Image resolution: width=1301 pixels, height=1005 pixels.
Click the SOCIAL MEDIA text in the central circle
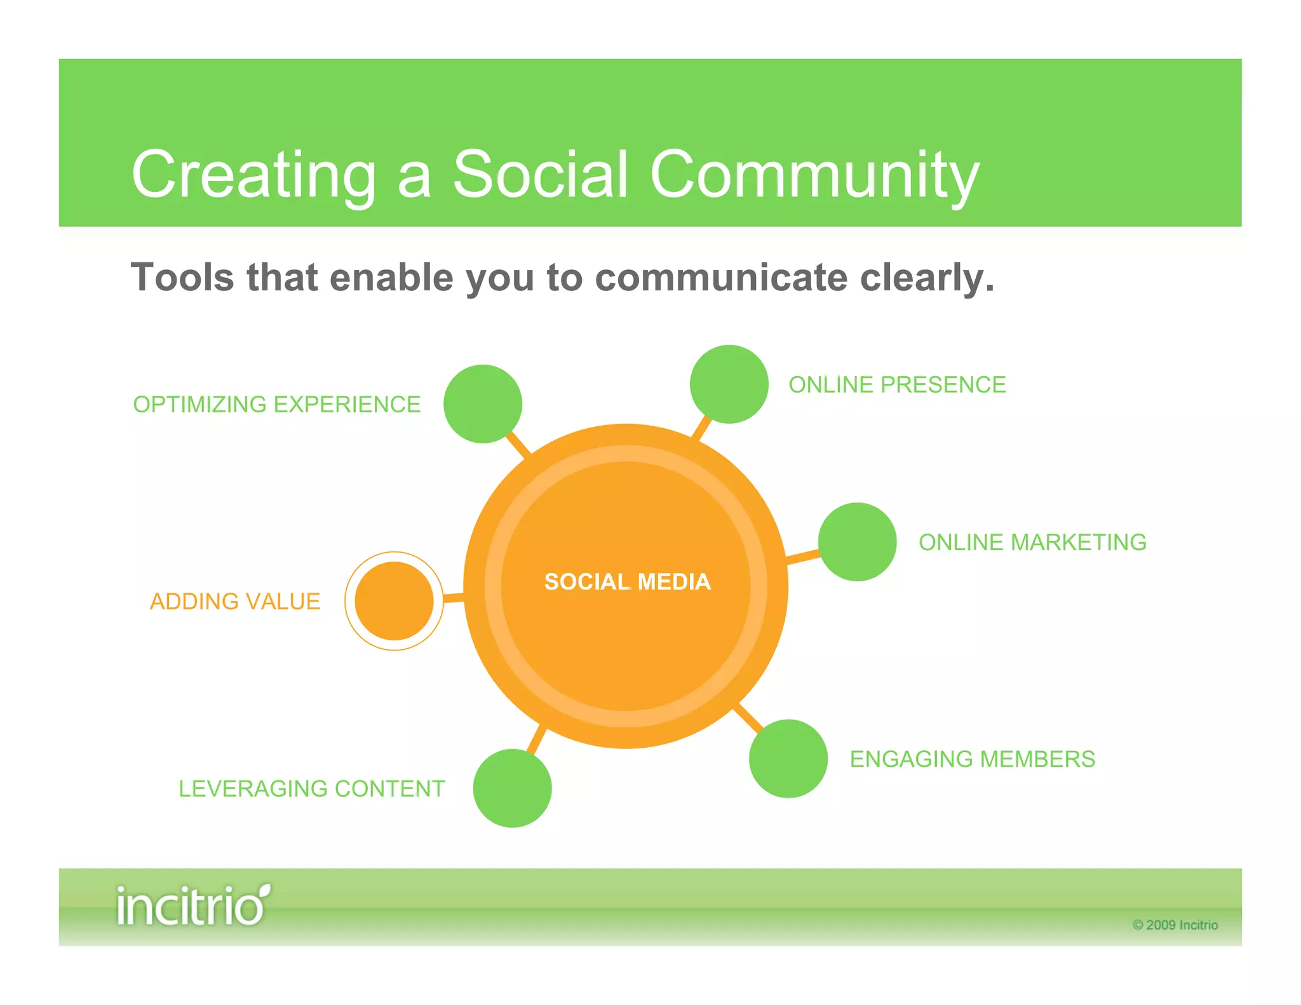627,581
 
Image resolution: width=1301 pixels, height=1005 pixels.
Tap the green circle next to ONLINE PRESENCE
729,384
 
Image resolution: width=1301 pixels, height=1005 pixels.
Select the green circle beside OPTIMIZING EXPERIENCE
483,403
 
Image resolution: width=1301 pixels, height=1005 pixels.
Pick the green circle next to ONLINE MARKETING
857,541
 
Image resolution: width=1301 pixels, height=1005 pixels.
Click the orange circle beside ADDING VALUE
394,600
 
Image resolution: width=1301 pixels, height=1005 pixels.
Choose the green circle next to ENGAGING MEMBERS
788,758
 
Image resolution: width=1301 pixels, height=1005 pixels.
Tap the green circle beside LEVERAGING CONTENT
512,788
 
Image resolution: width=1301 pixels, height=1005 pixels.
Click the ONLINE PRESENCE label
897,384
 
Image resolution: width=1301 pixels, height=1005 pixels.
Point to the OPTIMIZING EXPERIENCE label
277,404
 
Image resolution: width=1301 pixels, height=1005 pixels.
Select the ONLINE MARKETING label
1032,542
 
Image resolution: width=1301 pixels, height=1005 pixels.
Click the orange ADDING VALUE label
235,601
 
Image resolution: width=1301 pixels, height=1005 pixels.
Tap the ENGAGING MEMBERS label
973,759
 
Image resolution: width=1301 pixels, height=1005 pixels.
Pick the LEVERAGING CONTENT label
311,788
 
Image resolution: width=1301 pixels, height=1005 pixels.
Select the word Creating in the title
254,174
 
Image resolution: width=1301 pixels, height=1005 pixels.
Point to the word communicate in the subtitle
721,278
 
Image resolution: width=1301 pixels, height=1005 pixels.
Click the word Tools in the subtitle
183,278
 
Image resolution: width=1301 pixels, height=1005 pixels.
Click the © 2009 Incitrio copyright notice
1175,925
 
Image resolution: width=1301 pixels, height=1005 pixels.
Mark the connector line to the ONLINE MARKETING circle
803,557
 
